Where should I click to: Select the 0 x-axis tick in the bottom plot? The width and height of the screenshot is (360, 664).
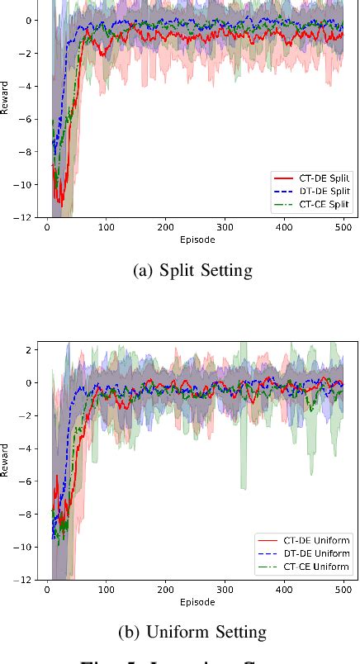tap(47, 590)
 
